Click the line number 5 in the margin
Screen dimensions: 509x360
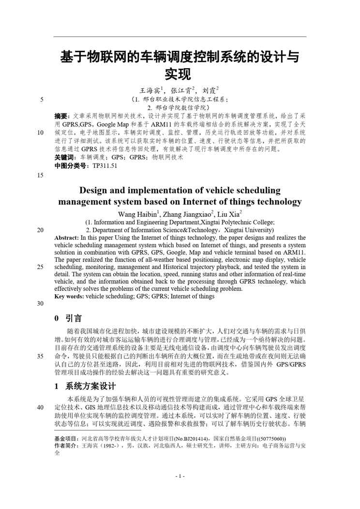[x=42, y=100]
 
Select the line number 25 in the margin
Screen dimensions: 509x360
[x=40, y=267]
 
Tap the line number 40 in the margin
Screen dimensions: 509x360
[x=40, y=407]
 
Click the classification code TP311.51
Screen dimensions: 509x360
[x=105, y=165]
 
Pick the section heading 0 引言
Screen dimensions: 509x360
[x=68, y=318]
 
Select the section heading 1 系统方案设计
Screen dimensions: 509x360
[x=85, y=386]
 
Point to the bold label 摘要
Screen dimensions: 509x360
[x=61, y=116]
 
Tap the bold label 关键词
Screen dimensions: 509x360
[x=65, y=157]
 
